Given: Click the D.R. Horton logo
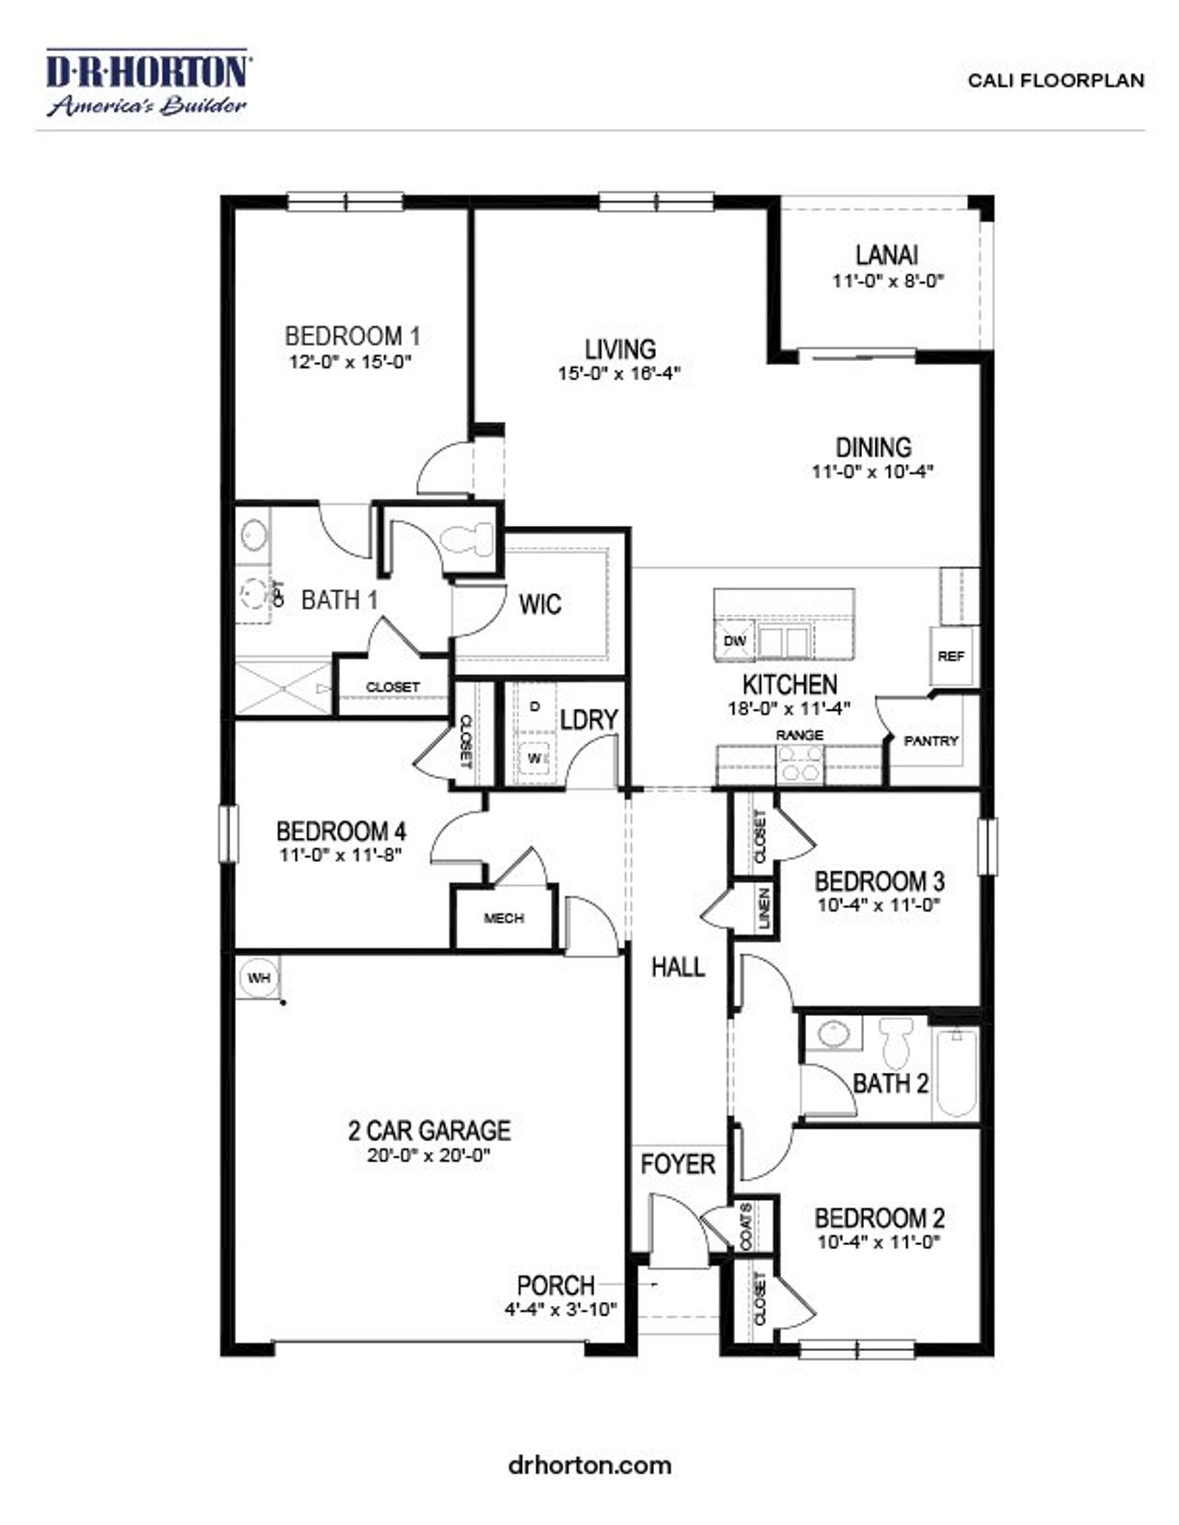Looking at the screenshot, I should coord(147,83).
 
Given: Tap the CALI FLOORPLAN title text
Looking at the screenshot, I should coord(1056,81).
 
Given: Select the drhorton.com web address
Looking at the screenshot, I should coord(589,1464).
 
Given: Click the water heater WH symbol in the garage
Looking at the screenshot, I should coord(258,977).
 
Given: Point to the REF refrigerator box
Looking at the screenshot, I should coord(951,656).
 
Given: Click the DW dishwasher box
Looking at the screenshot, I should coord(734,640).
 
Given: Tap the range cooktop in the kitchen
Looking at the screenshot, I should coord(800,763).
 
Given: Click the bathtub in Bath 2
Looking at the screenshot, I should coord(955,1073).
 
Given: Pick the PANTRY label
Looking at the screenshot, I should coord(930,740).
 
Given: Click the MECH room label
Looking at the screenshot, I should coord(504,918).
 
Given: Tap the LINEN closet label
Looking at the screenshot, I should coord(765,909).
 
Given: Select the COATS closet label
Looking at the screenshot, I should coord(745,1226).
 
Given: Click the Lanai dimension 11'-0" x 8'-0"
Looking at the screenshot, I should coord(888,281).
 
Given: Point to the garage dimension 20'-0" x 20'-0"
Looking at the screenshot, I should coord(428,1155).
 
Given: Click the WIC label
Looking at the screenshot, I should coord(540,604).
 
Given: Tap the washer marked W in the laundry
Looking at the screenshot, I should coord(533,759).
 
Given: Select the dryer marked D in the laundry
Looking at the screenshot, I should coord(535,706).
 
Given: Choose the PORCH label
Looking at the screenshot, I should coord(555,1285).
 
